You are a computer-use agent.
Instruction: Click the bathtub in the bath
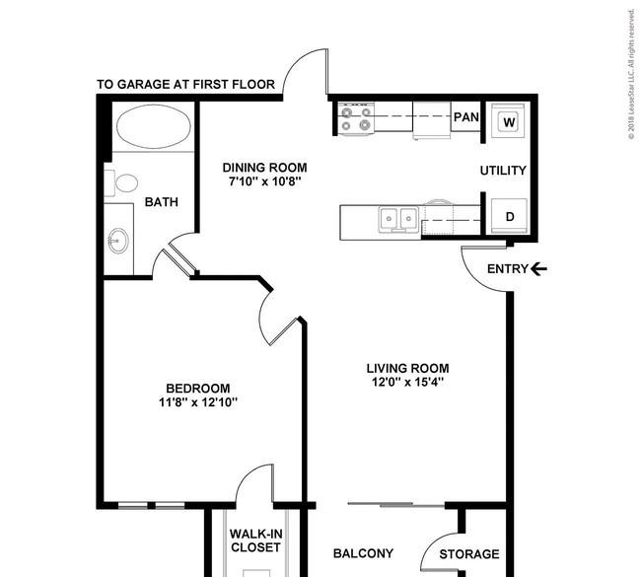point(154,126)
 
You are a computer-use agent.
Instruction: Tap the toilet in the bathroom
point(121,182)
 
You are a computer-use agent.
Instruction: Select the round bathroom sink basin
point(118,241)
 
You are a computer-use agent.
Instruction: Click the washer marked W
point(509,120)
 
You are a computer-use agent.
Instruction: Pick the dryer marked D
point(509,216)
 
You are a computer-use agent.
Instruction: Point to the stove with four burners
point(356,118)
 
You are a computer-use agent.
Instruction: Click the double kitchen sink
point(398,219)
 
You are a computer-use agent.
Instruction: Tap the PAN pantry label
point(466,117)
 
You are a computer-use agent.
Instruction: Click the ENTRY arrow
point(538,268)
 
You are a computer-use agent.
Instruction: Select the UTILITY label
point(503,170)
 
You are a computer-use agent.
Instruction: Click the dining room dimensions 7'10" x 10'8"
point(265,181)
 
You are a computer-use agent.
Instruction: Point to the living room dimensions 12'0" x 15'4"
point(407,382)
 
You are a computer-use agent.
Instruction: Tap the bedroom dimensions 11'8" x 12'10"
point(198,402)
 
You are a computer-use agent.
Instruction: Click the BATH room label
point(162,202)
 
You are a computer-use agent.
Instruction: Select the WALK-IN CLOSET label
point(256,541)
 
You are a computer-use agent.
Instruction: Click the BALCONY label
point(363,553)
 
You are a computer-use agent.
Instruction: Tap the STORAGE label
point(469,554)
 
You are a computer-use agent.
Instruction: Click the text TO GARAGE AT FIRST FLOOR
point(185,84)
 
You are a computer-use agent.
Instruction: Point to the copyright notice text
point(631,74)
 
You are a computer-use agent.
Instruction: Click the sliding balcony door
point(395,505)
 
